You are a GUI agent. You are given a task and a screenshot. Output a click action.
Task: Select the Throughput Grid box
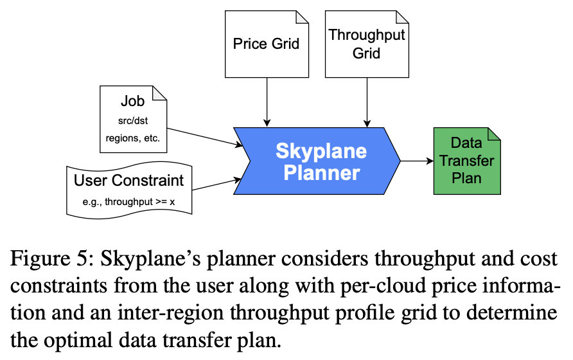(x=366, y=44)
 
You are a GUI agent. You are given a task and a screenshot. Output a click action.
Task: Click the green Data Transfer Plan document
(x=466, y=160)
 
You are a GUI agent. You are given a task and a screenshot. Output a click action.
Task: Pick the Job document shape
(x=133, y=120)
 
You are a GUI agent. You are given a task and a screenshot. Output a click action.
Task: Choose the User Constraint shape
(x=128, y=190)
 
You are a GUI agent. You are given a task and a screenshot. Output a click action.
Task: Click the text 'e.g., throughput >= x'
(x=128, y=202)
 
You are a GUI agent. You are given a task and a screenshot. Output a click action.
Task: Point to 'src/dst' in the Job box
(x=133, y=120)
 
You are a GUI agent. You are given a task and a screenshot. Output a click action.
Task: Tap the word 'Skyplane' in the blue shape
(x=321, y=152)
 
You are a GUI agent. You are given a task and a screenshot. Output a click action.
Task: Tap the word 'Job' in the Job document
(x=133, y=102)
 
